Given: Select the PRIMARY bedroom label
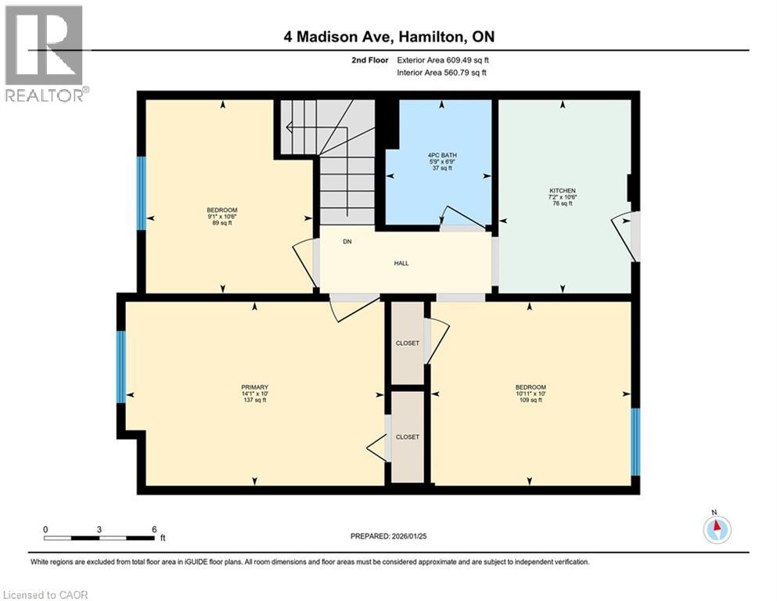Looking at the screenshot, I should pyautogui.click(x=254, y=387).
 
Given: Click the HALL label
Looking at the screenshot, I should pyautogui.click(x=401, y=263).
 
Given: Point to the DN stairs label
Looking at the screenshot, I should pyautogui.click(x=347, y=241).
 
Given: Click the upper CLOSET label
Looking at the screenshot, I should pyautogui.click(x=407, y=343).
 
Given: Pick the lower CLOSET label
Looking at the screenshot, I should pyautogui.click(x=407, y=437).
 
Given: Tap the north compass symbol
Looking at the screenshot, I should pyautogui.click(x=717, y=529).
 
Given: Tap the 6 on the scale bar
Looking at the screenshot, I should pyautogui.click(x=154, y=529).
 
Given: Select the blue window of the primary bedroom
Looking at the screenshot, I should pyautogui.click(x=121, y=366).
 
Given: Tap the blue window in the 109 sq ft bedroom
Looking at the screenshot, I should pyautogui.click(x=635, y=441).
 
